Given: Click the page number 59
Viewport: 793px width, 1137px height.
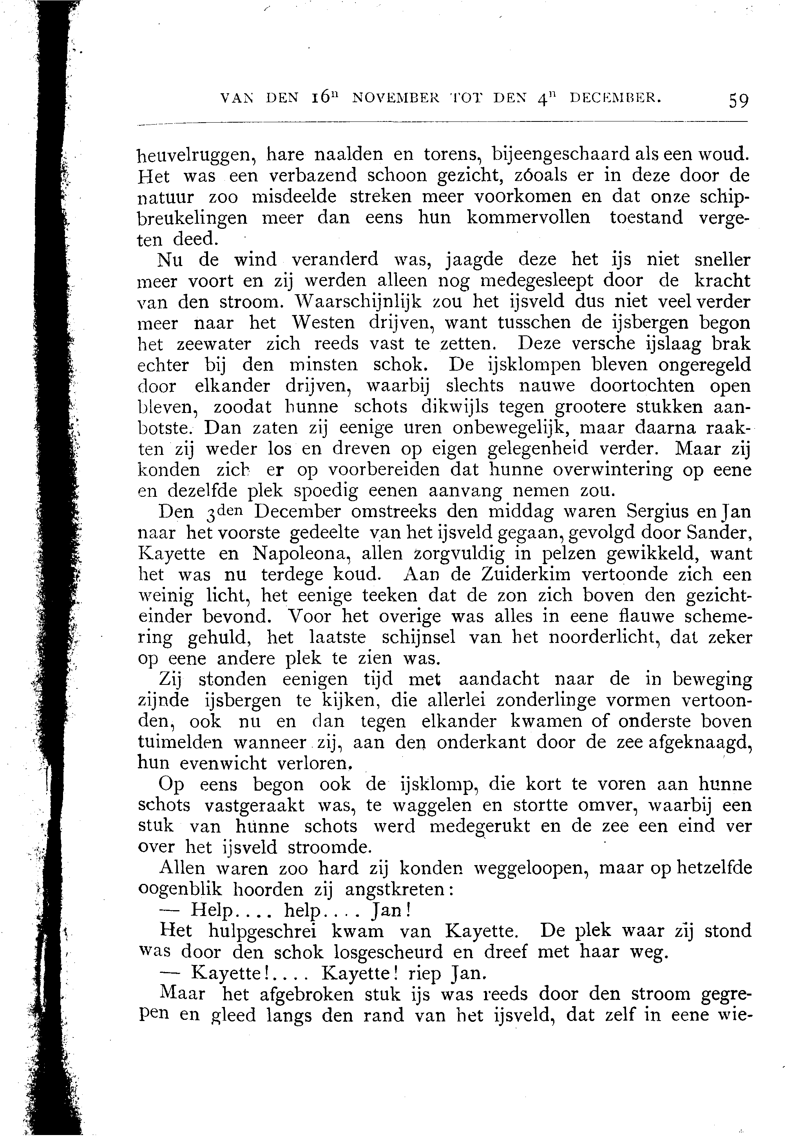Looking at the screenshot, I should coord(738,101).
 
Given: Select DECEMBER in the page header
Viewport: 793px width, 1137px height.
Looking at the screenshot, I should coord(615,98).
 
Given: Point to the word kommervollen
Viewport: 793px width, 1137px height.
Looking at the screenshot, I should coord(529,218).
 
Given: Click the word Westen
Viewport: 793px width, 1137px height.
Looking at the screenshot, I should coord(322,323).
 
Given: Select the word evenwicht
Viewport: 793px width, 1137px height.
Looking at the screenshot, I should coord(223,763).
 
